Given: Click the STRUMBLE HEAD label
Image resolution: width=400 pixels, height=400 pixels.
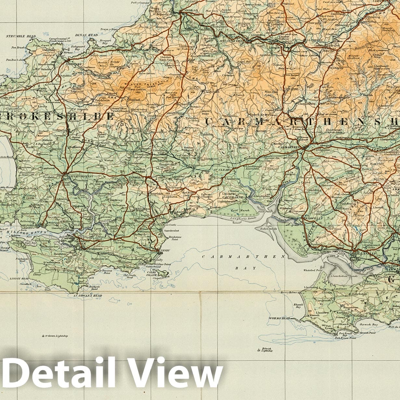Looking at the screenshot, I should [16, 36].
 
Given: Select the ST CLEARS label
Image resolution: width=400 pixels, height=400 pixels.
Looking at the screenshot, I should [222, 170].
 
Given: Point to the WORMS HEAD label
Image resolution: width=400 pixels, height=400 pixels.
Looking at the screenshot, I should [279, 318].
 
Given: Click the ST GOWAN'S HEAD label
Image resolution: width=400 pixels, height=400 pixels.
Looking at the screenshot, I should [88, 296].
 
